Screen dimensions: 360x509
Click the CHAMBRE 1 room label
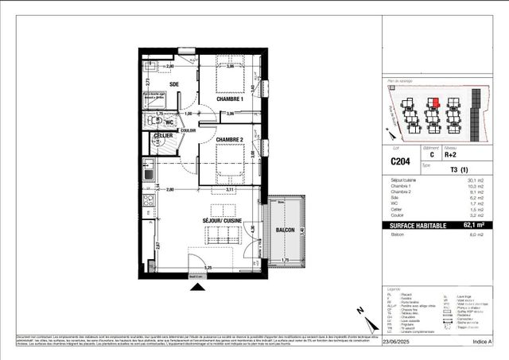tap(230, 98)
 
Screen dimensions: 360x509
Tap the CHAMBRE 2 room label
tap(230, 139)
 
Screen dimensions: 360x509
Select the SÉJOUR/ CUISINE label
tap(223, 219)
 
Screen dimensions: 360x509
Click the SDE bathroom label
tap(174, 83)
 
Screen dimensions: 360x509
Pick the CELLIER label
tap(162, 137)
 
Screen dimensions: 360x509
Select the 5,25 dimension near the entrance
tap(208, 268)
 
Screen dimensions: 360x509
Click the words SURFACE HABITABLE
tap(411, 225)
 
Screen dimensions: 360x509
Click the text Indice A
tap(481, 343)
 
